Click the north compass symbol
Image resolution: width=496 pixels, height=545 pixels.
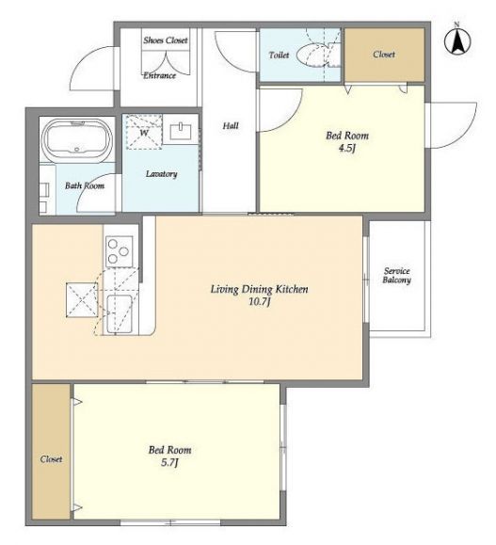click(x=457, y=40)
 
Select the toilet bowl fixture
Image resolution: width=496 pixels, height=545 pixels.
click(x=312, y=55)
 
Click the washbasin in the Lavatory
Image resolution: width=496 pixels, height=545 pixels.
click(x=181, y=132)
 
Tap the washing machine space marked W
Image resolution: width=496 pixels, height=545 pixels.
click(x=144, y=132)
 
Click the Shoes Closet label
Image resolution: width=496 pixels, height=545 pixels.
click(x=166, y=40)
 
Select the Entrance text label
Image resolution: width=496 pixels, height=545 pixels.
click(x=160, y=75)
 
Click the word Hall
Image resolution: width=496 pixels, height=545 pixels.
click(x=231, y=125)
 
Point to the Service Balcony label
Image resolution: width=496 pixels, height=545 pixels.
click(x=396, y=275)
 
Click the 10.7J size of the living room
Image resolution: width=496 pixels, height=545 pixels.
click(x=260, y=302)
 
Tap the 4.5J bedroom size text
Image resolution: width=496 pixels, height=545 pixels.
click(x=347, y=149)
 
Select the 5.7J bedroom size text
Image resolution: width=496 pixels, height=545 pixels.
click(x=169, y=463)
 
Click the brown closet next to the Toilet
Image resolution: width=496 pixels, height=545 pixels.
click(x=384, y=55)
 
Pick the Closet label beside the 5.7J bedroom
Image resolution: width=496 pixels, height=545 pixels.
click(x=51, y=459)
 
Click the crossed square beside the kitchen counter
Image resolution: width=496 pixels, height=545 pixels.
click(x=82, y=300)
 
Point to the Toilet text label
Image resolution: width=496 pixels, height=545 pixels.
click(x=279, y=55)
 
